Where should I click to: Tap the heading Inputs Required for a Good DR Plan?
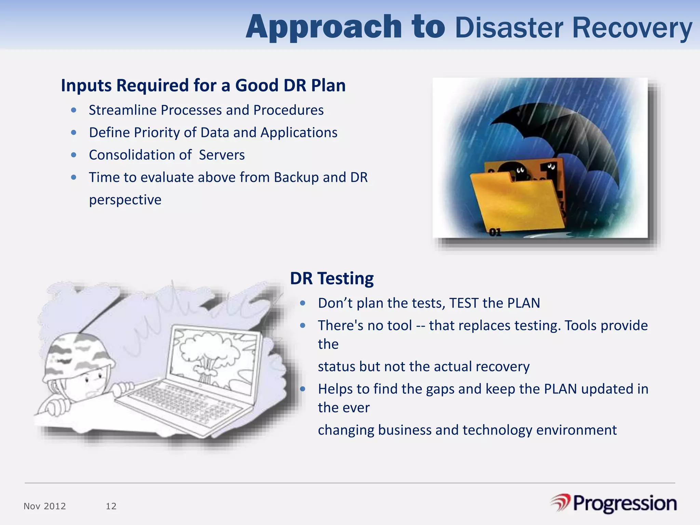[203, 85]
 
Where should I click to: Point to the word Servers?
[221, 155]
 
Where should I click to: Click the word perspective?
[125, 200]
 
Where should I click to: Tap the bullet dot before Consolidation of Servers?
[73, 155]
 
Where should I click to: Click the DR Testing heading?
[332, 278]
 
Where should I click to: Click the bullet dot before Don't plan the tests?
[302, 303]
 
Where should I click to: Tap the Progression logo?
[614, 503]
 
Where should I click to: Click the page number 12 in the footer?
[111, 506]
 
